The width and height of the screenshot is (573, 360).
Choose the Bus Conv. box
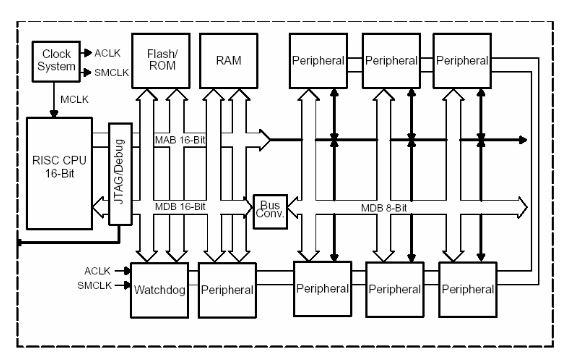pyautogui.click(x=268, y=212)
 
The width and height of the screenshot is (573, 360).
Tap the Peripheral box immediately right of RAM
pyautogui.click(x=319, y=61)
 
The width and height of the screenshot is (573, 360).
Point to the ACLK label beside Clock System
pyautogui.click(x=108, y=51)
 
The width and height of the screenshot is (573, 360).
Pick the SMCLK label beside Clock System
pyautogui.click(x=112, y=72)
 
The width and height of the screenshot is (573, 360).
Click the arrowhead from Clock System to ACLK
pyautogui.click(x=84, y=51)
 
